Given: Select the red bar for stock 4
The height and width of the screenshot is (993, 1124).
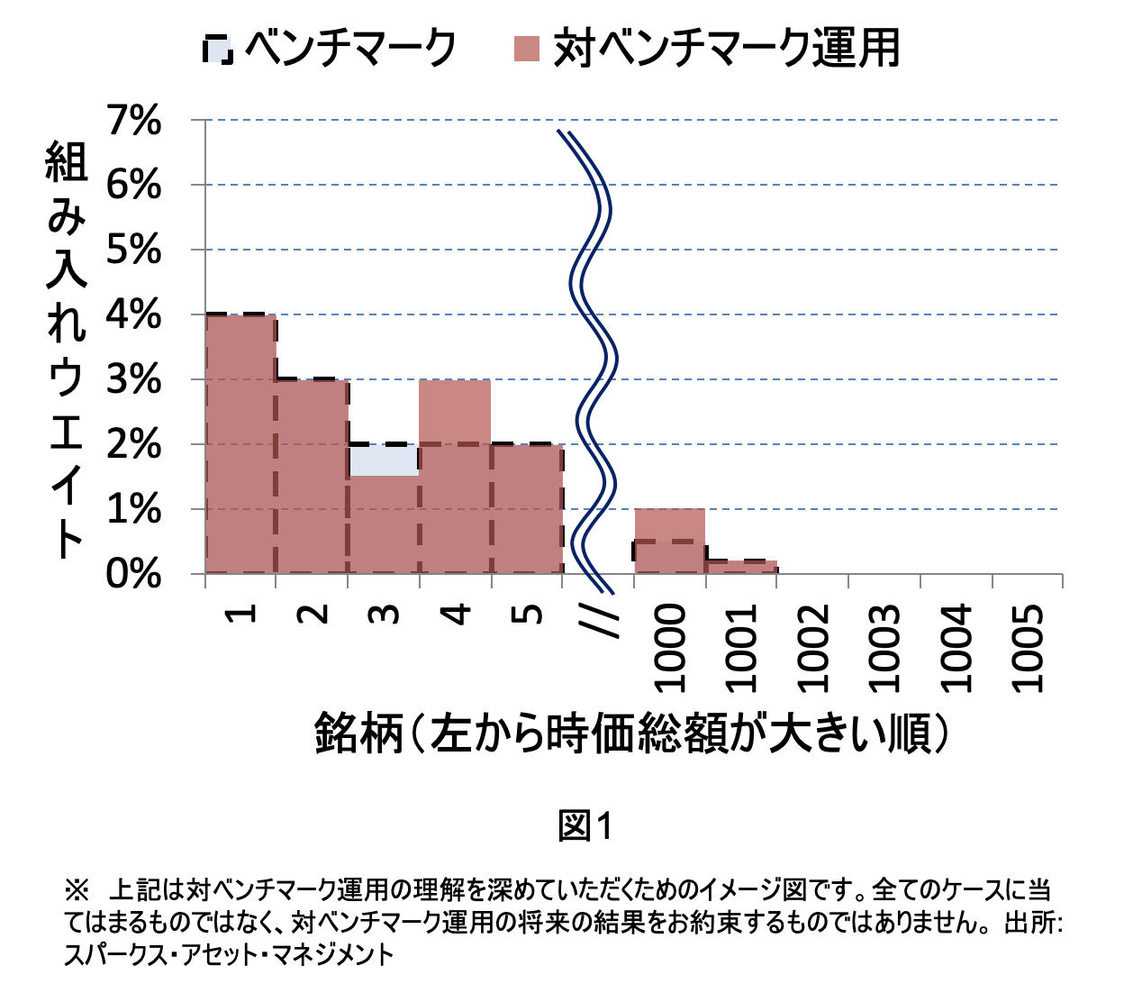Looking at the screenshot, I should point(455,478).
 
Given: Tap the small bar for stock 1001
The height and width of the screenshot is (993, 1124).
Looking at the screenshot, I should point(741,567).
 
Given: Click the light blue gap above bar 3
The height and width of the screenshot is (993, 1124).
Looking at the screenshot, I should point(384,460).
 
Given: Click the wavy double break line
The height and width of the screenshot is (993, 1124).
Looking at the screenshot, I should point(594,360).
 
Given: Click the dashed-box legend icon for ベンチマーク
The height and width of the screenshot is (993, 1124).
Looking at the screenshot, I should point(218,49).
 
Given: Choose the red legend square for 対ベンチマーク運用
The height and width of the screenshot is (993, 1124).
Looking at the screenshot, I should point(526,49).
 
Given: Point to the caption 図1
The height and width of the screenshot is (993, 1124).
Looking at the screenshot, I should point(585,825).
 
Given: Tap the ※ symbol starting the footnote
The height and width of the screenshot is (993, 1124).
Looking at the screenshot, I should point(76,891).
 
